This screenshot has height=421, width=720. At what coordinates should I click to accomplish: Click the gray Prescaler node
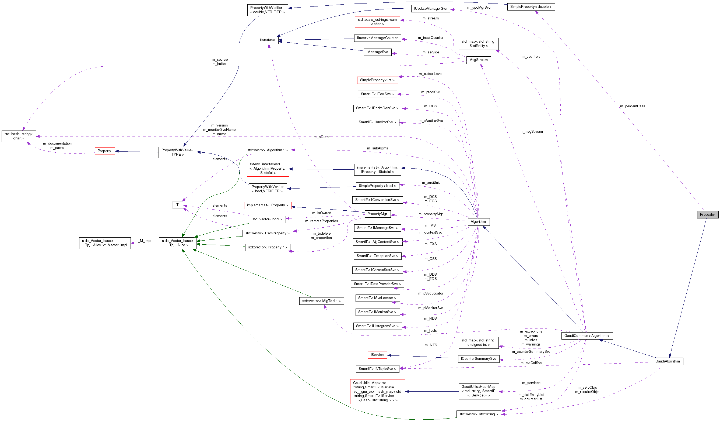pos(707,214)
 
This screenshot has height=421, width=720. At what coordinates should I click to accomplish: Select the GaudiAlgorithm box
pos(668,361)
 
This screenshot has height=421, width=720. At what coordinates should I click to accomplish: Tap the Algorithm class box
pos(478,221)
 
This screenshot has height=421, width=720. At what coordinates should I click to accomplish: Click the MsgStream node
pos(478,60)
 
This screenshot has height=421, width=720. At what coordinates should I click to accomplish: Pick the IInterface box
pos(268,40)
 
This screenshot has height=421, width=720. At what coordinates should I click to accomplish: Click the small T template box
pos(177,205)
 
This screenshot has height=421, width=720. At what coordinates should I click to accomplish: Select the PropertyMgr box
pos(377,214)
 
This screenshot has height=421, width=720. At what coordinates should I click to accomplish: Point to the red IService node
pos(377,355)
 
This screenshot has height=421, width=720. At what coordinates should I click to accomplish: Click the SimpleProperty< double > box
pos(531,6)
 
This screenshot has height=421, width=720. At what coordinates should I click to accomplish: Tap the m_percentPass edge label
pos(632,106)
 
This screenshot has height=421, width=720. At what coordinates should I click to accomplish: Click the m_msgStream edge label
pos(531,132)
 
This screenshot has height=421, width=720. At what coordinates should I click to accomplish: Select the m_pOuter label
pos(321,137)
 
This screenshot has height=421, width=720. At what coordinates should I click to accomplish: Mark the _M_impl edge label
pos(145,241)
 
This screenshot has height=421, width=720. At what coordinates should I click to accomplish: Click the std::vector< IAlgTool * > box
pos(321,301)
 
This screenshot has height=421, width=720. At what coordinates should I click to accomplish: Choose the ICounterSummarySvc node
pos(478,359)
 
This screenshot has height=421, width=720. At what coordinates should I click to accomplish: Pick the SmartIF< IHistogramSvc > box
pos(377,326)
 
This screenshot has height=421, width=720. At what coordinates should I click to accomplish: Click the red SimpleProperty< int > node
pos(377,80)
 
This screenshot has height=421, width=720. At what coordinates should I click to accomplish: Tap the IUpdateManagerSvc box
pos(430,9)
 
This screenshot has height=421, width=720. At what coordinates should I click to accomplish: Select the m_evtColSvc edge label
pos(531,363)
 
